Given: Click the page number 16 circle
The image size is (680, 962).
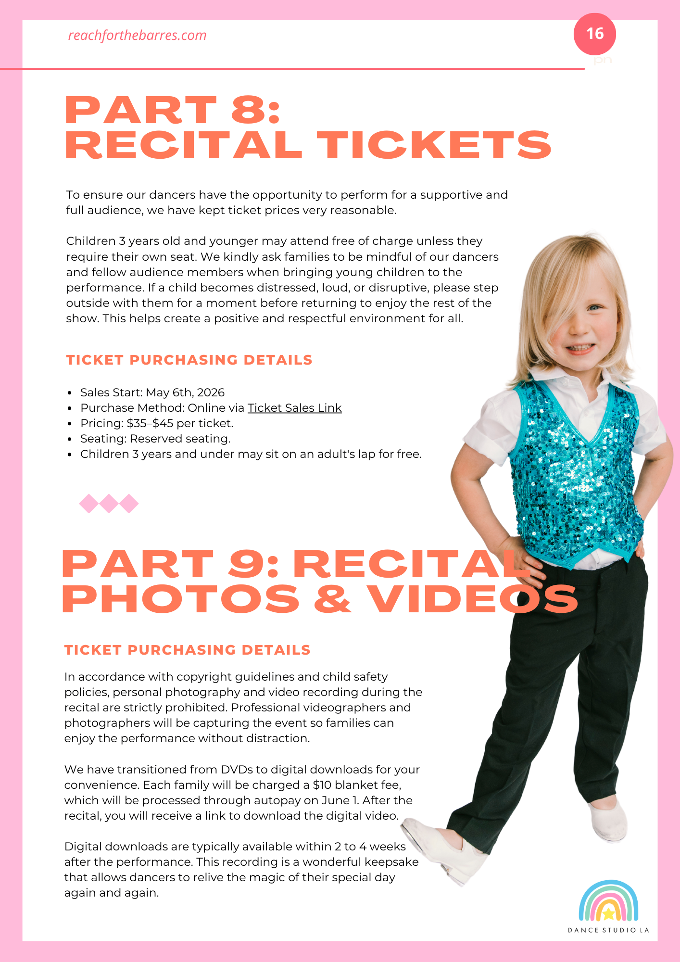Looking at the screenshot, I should click(594, 34).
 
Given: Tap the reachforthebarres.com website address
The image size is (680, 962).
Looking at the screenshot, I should click(137, 36).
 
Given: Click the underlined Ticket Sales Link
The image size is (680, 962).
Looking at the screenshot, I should click(294, 408).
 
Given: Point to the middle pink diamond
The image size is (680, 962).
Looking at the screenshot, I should click(109, 504).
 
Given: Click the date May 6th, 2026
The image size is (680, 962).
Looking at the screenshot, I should click(185, 392).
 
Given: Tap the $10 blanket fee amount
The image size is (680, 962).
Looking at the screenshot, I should click(322, 785).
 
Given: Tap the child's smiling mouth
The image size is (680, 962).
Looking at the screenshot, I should click(581, 348).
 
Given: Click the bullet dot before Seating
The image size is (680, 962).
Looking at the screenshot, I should click(70, 439).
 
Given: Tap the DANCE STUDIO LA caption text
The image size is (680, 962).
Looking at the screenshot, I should click(608, 930).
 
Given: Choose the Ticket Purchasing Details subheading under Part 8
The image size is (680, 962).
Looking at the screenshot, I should click(189, 360).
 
